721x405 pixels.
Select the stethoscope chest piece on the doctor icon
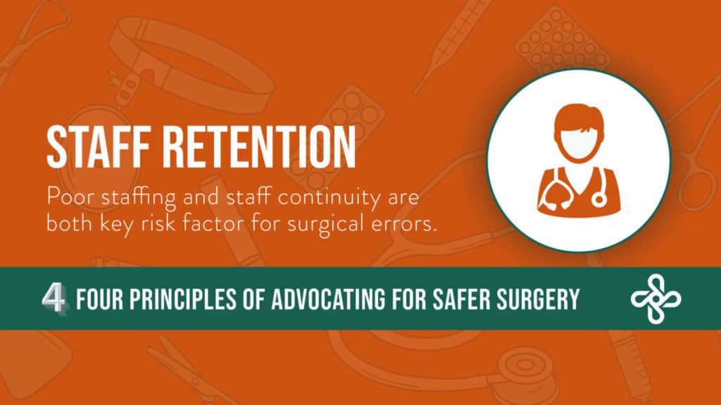click(600, 199)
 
